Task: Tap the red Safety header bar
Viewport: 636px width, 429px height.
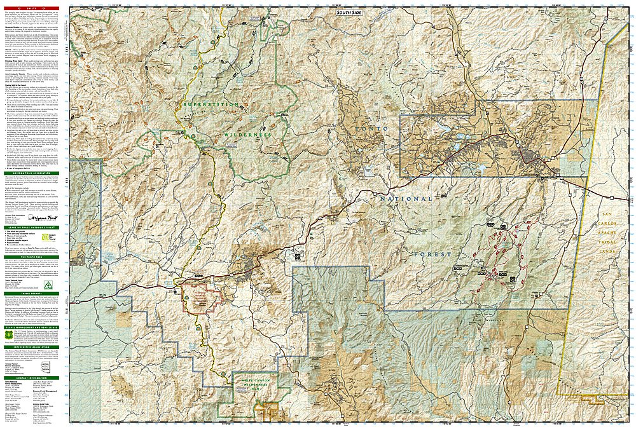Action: click(33, 8)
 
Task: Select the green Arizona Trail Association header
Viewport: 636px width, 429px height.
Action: click(33, 173)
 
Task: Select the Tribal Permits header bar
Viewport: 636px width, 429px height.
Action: click(33, 293)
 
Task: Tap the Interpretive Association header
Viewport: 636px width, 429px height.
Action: click(33, 347)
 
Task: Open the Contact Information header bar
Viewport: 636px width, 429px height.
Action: click(33, 378)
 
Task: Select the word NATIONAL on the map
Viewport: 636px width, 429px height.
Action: click(406, 199)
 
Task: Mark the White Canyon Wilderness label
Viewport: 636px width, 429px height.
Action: click(257, 384)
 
